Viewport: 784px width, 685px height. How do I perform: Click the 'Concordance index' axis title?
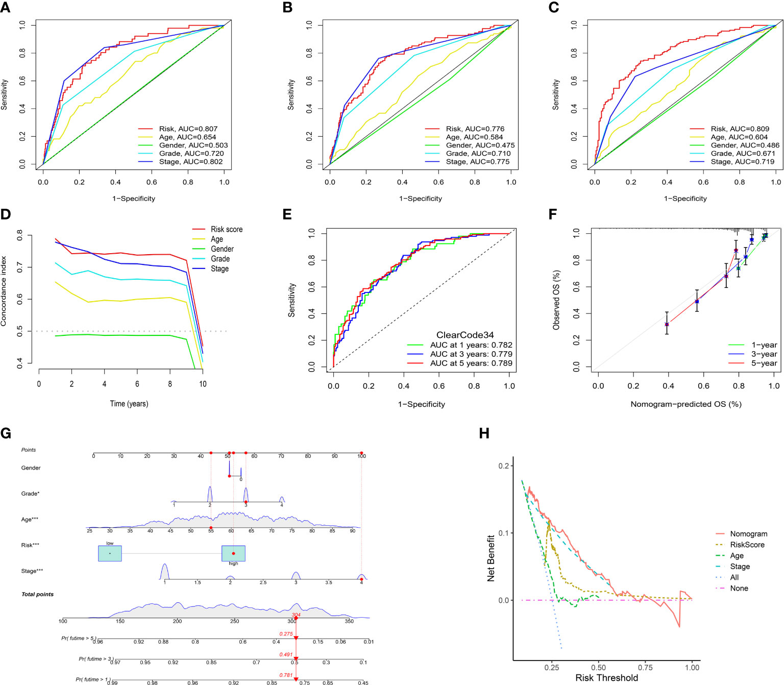5,299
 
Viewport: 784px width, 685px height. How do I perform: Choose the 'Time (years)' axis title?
129,404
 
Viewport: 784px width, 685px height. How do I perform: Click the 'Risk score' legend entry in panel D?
227,230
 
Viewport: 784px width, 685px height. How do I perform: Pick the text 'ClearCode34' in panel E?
465,335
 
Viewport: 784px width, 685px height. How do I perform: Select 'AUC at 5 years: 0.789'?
471,363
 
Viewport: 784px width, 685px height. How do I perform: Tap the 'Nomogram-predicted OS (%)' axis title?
686,404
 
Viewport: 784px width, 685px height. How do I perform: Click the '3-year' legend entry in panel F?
764,354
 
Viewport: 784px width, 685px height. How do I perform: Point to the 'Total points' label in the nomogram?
37,595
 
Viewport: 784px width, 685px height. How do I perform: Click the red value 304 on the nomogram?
296,615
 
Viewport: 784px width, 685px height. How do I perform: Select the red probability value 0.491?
286,654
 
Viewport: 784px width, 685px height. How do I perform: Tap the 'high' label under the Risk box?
233,564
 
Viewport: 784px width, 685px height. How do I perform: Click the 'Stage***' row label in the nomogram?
32,571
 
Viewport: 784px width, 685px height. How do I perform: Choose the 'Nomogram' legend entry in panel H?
748,534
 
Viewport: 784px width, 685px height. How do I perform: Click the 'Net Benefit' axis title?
491,558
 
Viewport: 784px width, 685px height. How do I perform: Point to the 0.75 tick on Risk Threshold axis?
645,667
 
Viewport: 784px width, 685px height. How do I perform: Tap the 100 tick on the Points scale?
361,456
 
